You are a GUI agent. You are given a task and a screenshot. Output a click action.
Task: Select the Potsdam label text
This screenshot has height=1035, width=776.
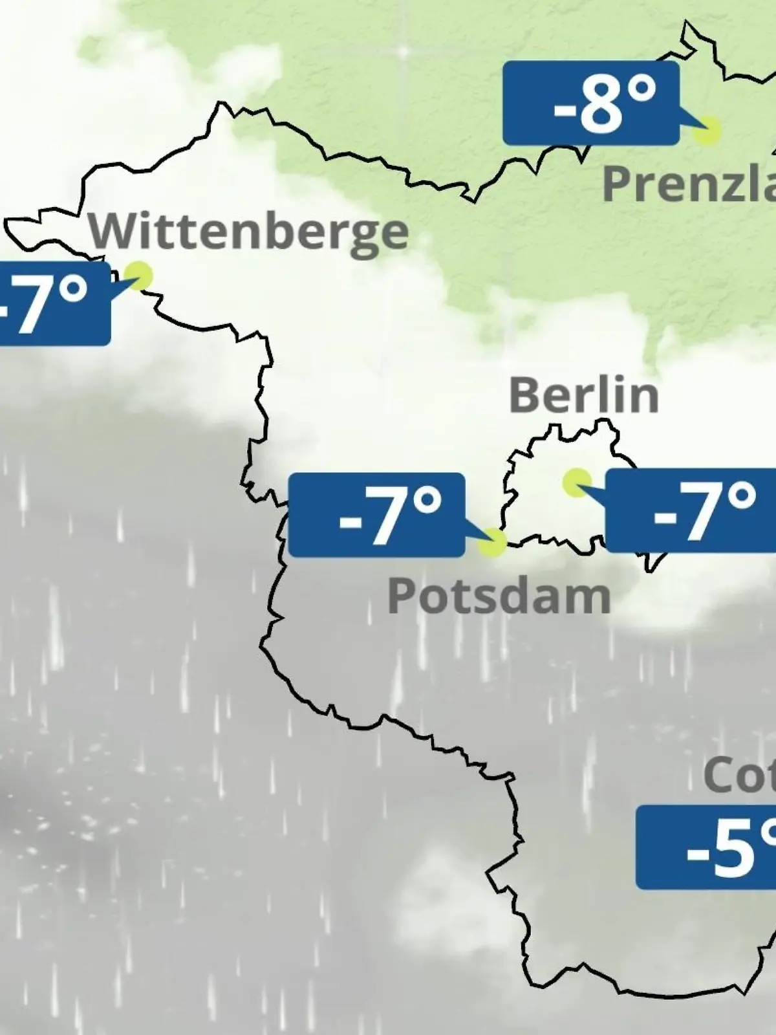[x=499, y=596]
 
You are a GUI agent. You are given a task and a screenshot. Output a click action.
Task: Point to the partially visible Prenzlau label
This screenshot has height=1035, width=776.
[x=689, y=183]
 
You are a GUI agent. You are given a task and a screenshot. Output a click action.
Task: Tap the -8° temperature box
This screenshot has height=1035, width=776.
[x=591, y=103]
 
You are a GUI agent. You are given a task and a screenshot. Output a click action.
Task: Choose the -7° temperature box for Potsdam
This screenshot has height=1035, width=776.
[x=376, y=515]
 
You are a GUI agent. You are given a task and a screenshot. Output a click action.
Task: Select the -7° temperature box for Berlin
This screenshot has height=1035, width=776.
[x=691, y=511]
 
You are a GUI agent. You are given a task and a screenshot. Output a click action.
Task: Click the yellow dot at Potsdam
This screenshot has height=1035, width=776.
[x=492, y=542]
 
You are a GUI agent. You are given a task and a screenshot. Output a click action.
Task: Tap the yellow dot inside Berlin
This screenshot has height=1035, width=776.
[x=576, y=482]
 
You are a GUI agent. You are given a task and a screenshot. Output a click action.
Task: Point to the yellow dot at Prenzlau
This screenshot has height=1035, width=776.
[x=706, y=131]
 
